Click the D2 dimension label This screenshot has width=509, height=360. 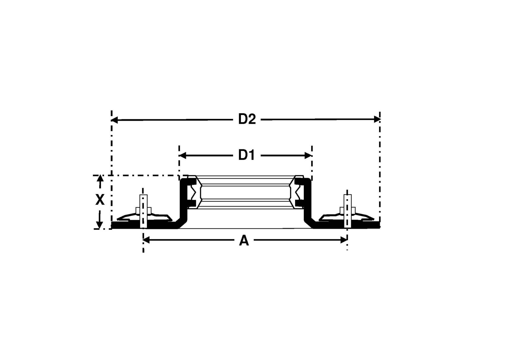coord(247,119)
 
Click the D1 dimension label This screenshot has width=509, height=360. coord(247,155)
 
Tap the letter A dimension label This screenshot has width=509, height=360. coord(244,241)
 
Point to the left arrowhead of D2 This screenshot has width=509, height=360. coord(115,120)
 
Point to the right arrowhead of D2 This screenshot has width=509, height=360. coord(377,119)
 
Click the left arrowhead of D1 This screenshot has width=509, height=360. coord(183,156)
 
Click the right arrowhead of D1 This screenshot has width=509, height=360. coord(308,156)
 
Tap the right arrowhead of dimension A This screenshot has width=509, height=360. coord(344,240)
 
